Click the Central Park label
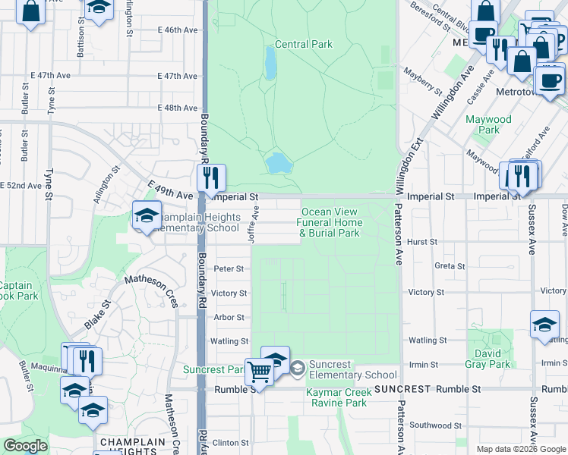304,44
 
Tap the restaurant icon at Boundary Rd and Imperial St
211,177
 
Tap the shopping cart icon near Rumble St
260,372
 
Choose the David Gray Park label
488,359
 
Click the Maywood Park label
489,124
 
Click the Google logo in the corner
25,446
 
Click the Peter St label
229,268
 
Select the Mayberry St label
423,80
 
